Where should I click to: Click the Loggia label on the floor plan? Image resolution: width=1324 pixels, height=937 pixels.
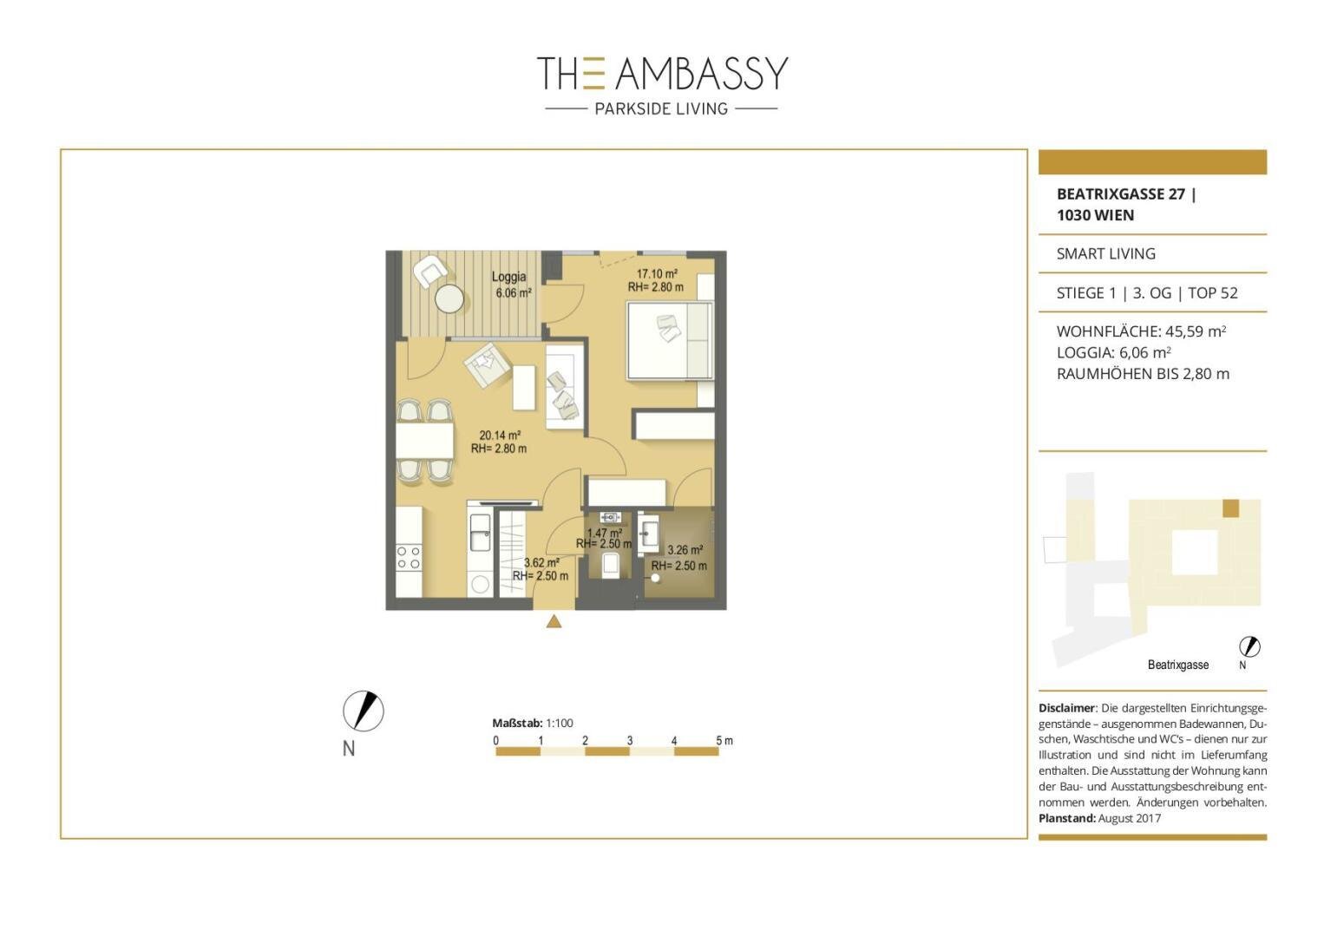(x=508, y=276)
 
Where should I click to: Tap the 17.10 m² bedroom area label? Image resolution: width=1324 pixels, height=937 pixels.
(x=657, y=273)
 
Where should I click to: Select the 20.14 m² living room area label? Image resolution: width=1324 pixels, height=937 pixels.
(x=500, y=436)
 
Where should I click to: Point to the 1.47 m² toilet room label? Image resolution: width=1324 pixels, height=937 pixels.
(x=604, y=533)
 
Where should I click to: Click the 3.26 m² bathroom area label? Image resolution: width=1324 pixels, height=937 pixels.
(x=685, y=550)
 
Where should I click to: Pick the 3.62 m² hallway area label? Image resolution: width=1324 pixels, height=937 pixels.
(x=541, y=563)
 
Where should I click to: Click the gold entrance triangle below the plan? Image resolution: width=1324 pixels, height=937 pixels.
(x=554, y=620)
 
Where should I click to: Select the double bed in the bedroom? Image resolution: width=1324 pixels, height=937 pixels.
(x=670, y=340)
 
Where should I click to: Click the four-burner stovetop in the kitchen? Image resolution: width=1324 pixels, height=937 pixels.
(x=409, y=558)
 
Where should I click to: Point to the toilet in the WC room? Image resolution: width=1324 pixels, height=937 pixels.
(x=610, y=565)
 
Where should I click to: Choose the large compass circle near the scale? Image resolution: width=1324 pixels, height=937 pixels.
(x=363, y=711)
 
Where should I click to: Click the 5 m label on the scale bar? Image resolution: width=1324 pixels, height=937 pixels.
(x=724, y=740)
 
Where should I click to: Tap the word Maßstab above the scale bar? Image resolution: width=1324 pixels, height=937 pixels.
(x=517, y=723)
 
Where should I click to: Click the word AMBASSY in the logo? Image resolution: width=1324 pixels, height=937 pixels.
(x=702, y=73)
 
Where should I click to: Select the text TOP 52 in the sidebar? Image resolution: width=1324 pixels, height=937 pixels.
(x=1212, y=293)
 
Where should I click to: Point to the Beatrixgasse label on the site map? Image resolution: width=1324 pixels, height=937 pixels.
(x=1178, y=665)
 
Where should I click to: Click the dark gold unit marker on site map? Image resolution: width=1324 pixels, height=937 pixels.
(x=1230, y=508)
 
